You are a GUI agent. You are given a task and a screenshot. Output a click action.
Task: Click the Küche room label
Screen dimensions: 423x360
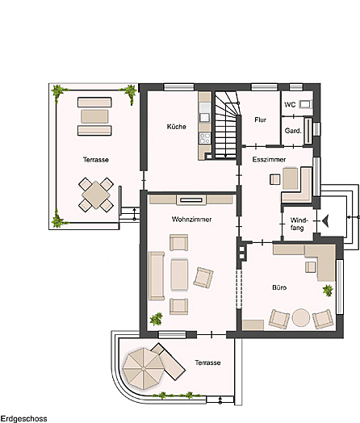(177, 127)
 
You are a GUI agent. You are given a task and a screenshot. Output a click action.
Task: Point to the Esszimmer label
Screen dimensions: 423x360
(267, 160)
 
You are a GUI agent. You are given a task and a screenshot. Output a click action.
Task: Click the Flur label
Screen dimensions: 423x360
(260, 119)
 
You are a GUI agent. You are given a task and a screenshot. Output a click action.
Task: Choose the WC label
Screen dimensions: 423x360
(289, 104)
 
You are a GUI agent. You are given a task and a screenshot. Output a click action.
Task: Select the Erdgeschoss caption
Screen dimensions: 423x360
(23, 418)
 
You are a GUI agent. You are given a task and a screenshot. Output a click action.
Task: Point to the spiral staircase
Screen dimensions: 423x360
(227, 122)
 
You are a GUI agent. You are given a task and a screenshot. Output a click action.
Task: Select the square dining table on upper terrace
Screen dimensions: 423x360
(96, 194)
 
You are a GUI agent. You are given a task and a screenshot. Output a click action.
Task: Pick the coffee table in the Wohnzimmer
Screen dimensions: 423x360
(179, 274)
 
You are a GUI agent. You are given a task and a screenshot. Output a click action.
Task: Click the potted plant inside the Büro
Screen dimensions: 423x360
(327, 291)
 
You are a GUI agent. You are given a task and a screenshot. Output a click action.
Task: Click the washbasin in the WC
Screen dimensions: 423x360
(305, 104)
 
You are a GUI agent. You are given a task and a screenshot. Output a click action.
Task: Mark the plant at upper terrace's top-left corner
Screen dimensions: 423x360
(57, 92)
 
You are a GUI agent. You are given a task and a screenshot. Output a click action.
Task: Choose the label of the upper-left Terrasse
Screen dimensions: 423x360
(95, 160)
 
